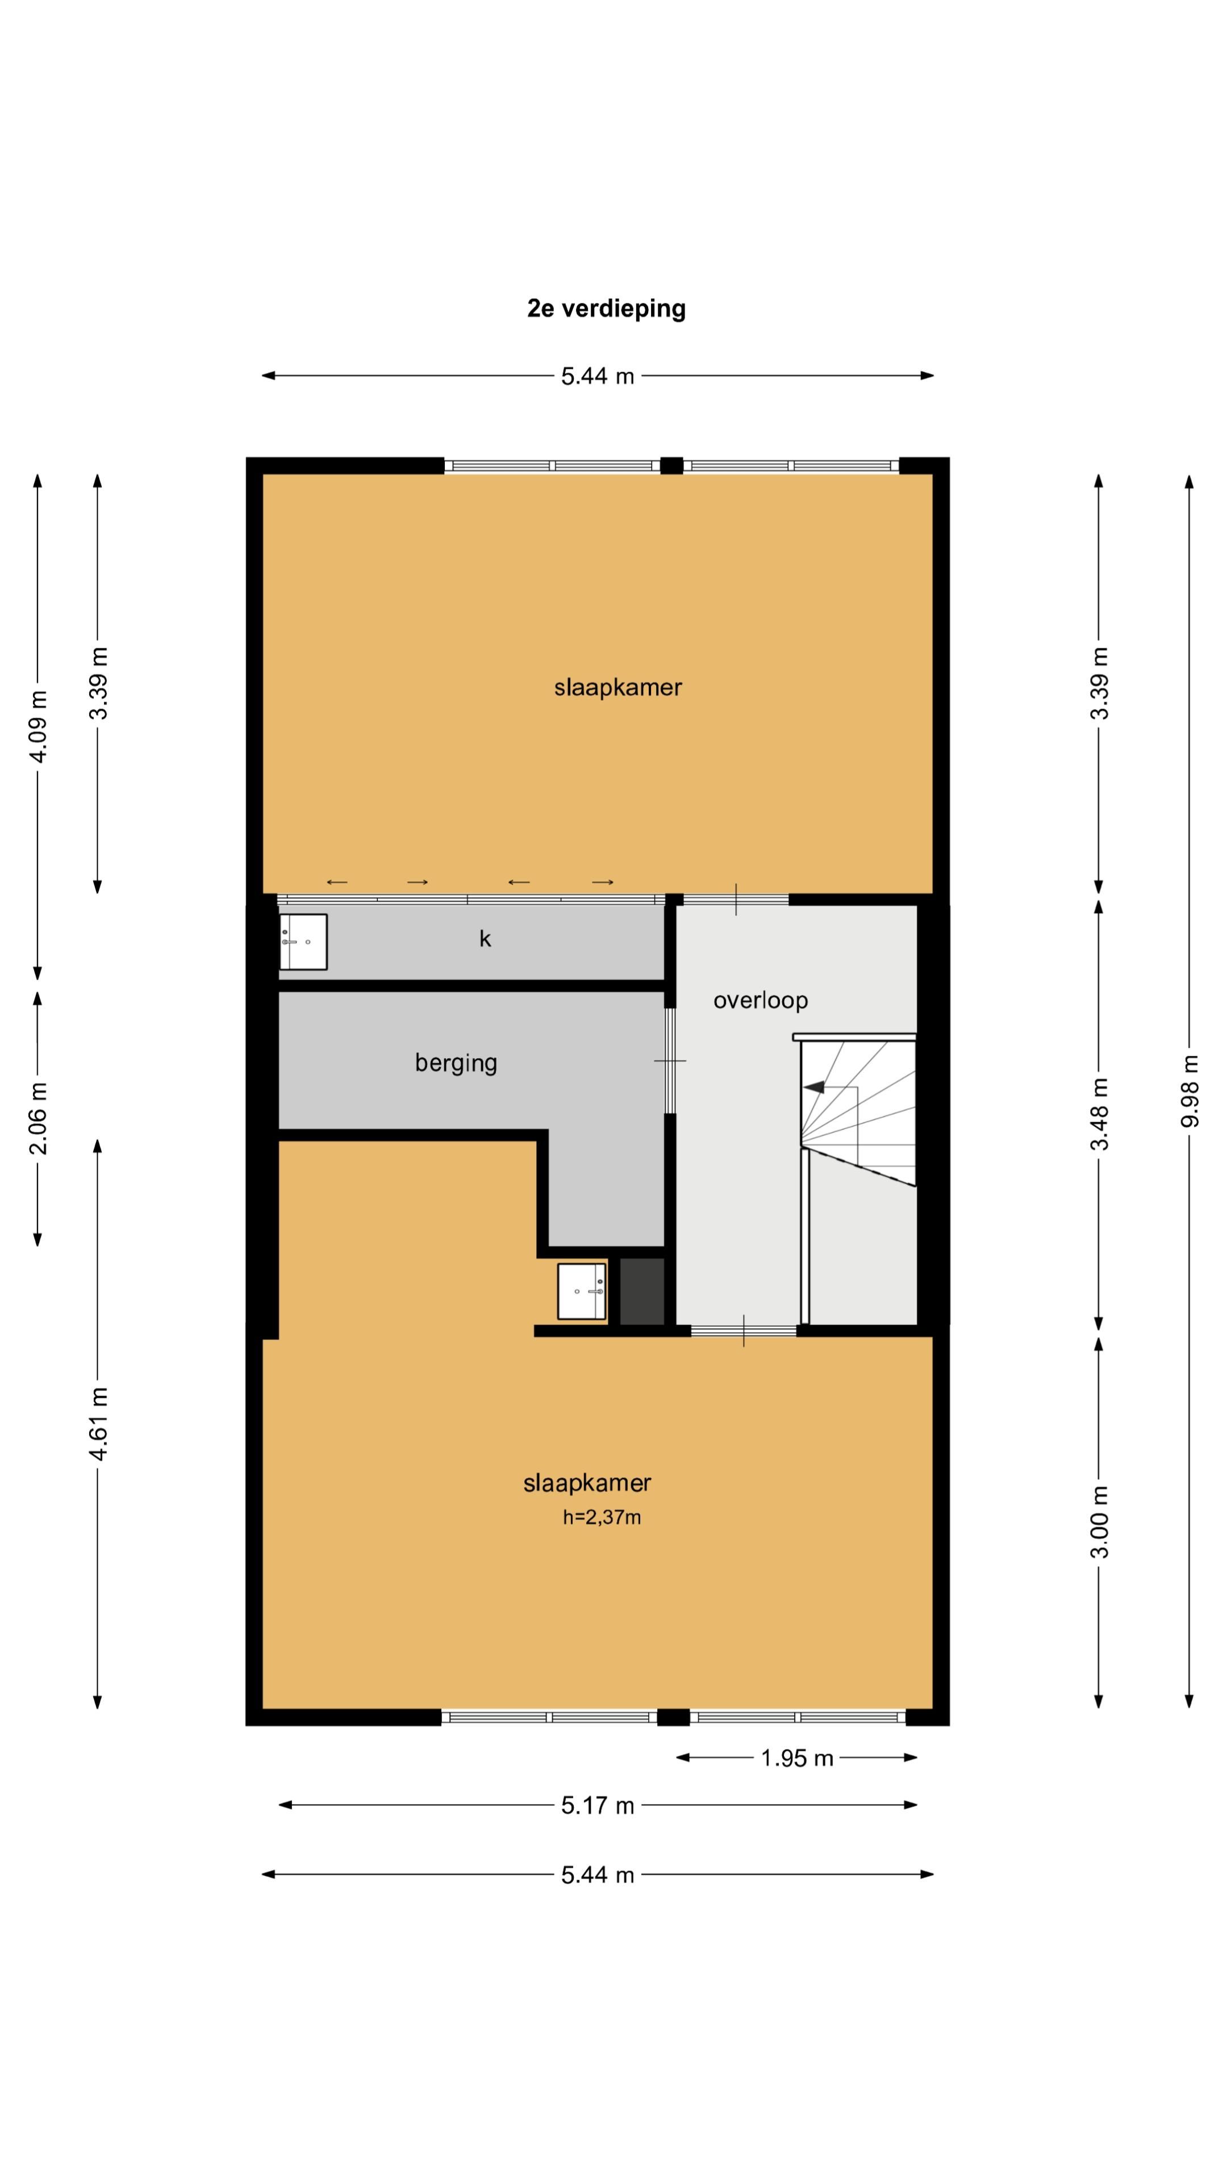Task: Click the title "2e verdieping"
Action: pos(606,309)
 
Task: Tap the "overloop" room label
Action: pos(761,1000)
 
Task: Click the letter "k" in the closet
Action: pos(485,939)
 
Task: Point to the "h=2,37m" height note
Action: pos(602,1518)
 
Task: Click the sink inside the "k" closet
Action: pos(303,941)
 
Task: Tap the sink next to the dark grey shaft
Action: pos(582,1292)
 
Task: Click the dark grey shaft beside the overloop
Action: pos(642,1292)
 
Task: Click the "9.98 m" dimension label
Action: pos(1190,1090)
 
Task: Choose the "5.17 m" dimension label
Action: pos(598,1806)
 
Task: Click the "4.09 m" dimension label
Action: pos(38,726)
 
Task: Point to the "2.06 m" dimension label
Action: pos(38,1118)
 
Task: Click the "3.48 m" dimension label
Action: pos(1099,1114)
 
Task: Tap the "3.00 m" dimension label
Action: pos(1099,1521)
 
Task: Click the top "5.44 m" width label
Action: pos(598,376)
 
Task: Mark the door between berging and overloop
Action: pos(670,1060)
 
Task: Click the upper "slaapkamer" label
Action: pos(618,688)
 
